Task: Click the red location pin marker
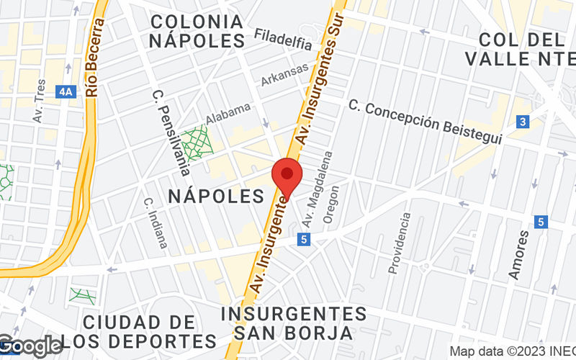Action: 287,174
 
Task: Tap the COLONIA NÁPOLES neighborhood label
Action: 197,30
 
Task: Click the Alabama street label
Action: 228,112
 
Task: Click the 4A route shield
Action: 67,91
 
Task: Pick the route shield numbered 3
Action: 523,122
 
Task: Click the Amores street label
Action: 518,253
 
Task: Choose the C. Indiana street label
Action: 155,223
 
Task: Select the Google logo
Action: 30,346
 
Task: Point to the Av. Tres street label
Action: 40,101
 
